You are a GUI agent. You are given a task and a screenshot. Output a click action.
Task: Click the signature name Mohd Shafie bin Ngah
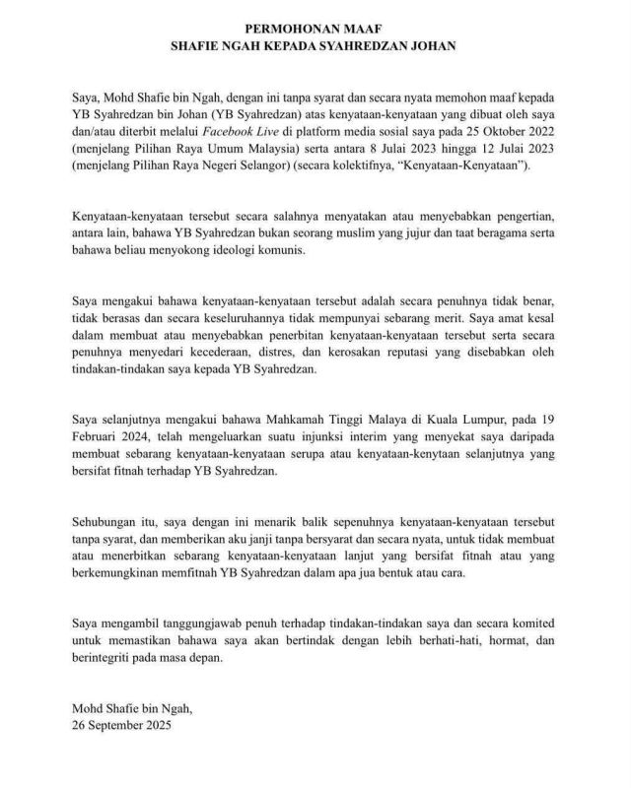point(133,707)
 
